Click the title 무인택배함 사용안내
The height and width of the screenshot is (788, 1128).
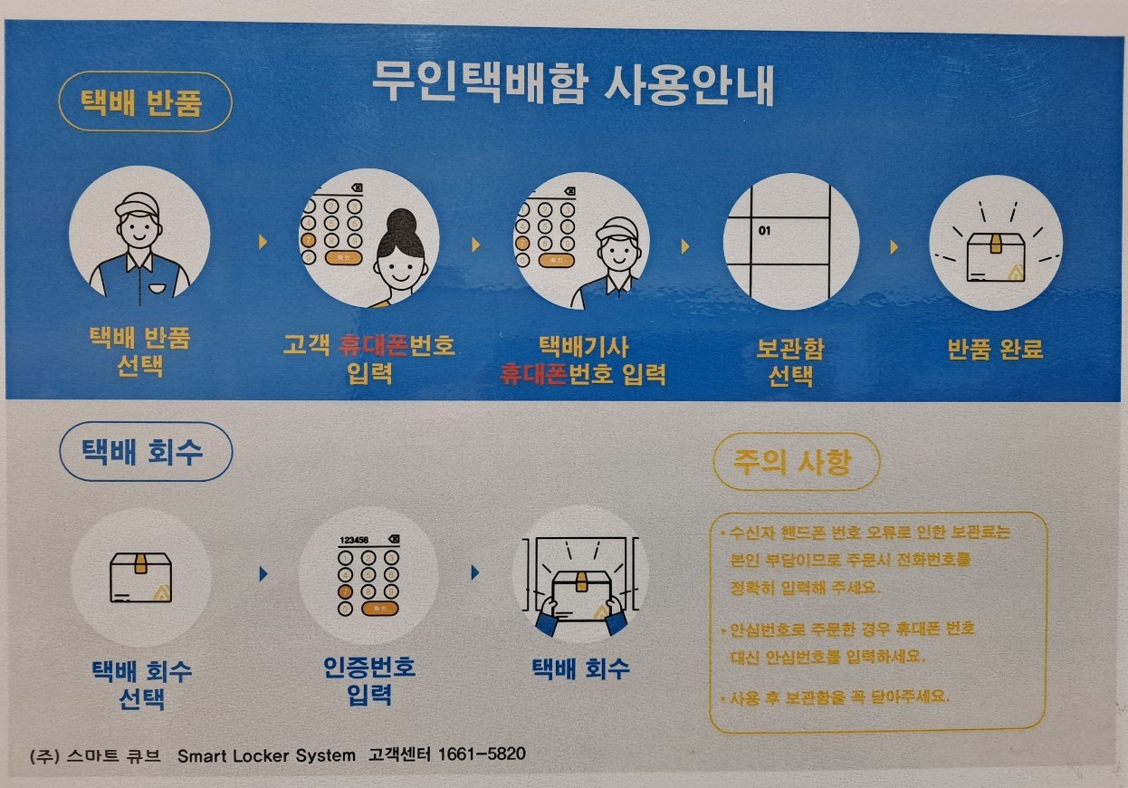(x=573, y=83)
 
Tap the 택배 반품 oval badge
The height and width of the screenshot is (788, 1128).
(x=146, y=102)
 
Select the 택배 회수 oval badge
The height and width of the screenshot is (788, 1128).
(x=146, y=452)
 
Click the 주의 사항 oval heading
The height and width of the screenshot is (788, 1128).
(x=797, y=462)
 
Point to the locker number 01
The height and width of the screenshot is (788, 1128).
(x=764, y=231)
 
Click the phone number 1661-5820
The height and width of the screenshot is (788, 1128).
(x=482, y=754)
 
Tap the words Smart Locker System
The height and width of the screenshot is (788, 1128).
(x=266, y=755)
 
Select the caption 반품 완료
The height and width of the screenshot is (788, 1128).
(x=995, y=349)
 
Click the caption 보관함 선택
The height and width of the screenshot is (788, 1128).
(x=790, y=362)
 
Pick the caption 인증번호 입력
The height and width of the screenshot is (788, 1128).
(x=369, y=681)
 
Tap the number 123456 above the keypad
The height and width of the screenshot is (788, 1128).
(x=354, y=540)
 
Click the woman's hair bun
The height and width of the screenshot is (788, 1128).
(x=401, y=221)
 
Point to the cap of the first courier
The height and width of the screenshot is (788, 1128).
(x=137, y=205)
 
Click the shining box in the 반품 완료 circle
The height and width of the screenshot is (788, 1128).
(x=996, y=257)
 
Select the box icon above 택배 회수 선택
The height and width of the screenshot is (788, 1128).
(x=140, y=577)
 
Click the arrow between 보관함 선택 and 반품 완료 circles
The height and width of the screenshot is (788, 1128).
(x=894, y=247)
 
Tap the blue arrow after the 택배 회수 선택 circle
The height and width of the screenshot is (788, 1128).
(x=263, y=574)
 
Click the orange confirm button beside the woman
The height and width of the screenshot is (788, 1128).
(x=344, y=258)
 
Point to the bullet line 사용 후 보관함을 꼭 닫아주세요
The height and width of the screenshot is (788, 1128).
(x=835, y=697)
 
